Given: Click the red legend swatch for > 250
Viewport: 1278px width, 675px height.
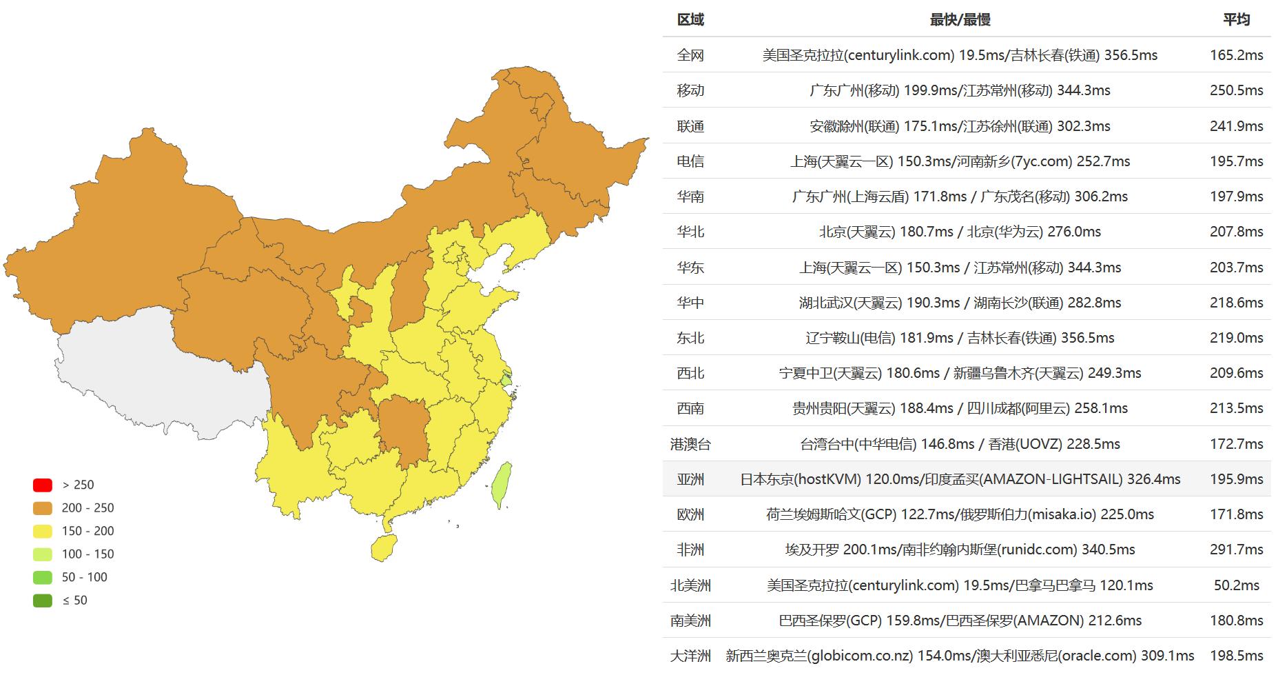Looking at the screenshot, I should (43, 485).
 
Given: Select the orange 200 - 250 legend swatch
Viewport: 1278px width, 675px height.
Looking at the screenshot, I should (43, 508).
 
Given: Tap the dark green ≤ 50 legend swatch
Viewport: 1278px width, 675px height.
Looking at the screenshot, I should (43, 601).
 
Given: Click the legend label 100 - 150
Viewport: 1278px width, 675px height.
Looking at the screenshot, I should (87, 554).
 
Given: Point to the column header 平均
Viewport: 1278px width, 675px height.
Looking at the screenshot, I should (1236, 19).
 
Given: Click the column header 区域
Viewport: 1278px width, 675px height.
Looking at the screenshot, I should (690, 19).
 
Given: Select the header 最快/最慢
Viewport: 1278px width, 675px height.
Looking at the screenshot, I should (960, 19).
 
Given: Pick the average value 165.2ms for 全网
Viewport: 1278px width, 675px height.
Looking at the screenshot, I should (1236, 55).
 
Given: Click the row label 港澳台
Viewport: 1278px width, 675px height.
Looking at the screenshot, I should (690, 444).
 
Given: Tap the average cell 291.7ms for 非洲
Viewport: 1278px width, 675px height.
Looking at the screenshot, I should (1236, 550).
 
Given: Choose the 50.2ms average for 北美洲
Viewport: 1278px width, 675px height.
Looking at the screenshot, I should (1236, 585).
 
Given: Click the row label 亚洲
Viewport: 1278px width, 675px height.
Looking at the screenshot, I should (690, 479).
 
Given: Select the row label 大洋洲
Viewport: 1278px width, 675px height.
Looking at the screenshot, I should (690, 656).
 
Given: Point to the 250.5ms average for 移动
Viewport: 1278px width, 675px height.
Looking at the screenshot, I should (1236, 90).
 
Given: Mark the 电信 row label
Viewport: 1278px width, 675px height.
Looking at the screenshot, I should (690, 161).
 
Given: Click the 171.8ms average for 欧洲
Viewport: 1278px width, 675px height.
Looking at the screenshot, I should (1236, 514).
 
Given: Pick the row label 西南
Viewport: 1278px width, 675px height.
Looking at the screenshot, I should (690, 408).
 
